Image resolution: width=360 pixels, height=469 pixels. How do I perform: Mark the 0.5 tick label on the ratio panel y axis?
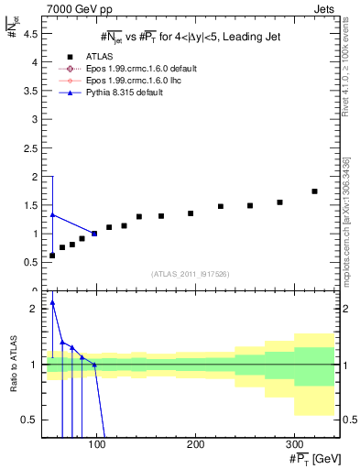tap(27, 420)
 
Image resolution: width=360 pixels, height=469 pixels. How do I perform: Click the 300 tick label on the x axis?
tap(294, 444)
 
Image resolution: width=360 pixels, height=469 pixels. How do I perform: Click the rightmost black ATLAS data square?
tap(314, 191)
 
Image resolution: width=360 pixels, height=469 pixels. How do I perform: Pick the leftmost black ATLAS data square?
tap(52, 256)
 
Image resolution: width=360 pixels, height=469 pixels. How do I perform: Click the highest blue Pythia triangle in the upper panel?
tap(52, 214)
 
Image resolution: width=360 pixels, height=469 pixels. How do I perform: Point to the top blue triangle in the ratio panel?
tap(52, 302)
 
